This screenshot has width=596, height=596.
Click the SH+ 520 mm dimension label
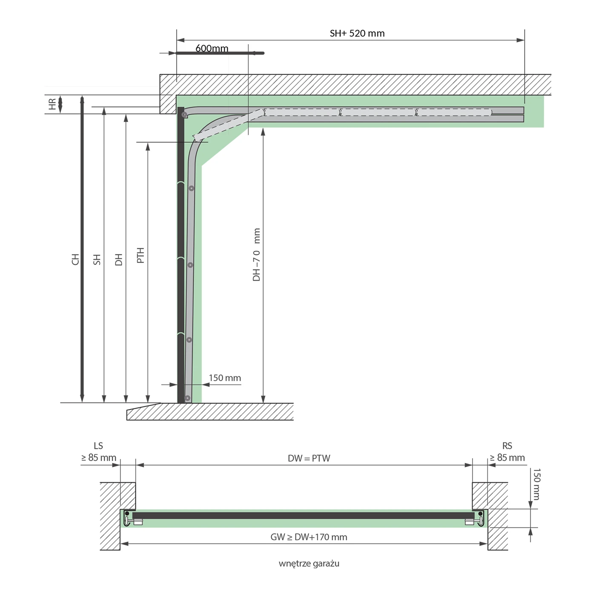pos(357,33)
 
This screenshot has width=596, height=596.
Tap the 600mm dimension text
pos(212,48)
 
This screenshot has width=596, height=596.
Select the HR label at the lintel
pos(52,104)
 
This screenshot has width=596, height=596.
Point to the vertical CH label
pos(75,259)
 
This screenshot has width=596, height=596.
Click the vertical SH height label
pos(97,260)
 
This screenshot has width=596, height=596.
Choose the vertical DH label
pos(119,260)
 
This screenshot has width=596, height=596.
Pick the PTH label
pos(140,255)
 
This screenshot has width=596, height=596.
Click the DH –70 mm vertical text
pos(256,255)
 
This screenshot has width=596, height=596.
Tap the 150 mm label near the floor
pos(225,378)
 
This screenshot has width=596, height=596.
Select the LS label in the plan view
pos(98,446)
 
